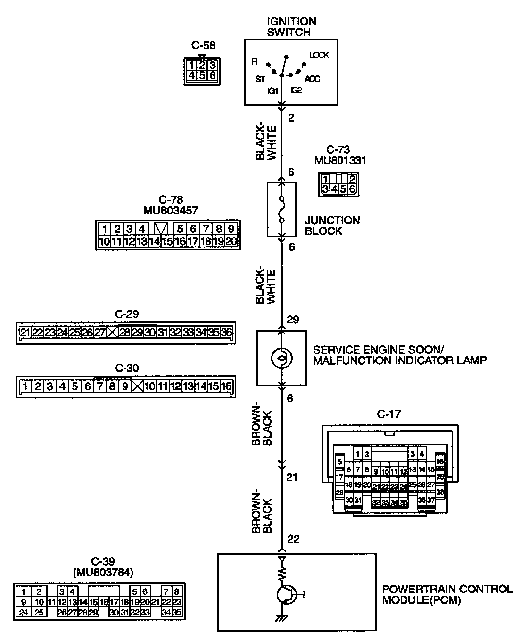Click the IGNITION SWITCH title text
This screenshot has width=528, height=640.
[x=291, y=27]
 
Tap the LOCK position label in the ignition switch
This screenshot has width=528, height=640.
[x=319, y=55]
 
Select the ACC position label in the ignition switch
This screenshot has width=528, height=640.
[x=312, y=79]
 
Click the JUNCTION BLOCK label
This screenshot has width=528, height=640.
[x=332, y=226]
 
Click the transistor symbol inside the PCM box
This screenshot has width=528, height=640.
[x=286, y=595]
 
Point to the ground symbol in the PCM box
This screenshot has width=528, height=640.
[x=282, y=618]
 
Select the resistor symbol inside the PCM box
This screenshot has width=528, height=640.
[x=282, y=574]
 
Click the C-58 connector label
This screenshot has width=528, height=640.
[x=203, y=46]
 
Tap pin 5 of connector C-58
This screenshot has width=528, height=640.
[x=202, y=75]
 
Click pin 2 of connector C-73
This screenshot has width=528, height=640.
[x=352, y=179]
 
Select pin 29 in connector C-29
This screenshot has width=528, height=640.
[x=137, y=333]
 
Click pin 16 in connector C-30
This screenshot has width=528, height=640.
[x=226, y=386]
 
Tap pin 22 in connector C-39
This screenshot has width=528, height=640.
[x=165, y=602]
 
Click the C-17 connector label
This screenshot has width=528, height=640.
[x=389, y=414]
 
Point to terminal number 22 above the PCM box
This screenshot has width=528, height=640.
[x=293, y=539]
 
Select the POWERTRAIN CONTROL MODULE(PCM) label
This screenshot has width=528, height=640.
[x=446, y=595]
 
